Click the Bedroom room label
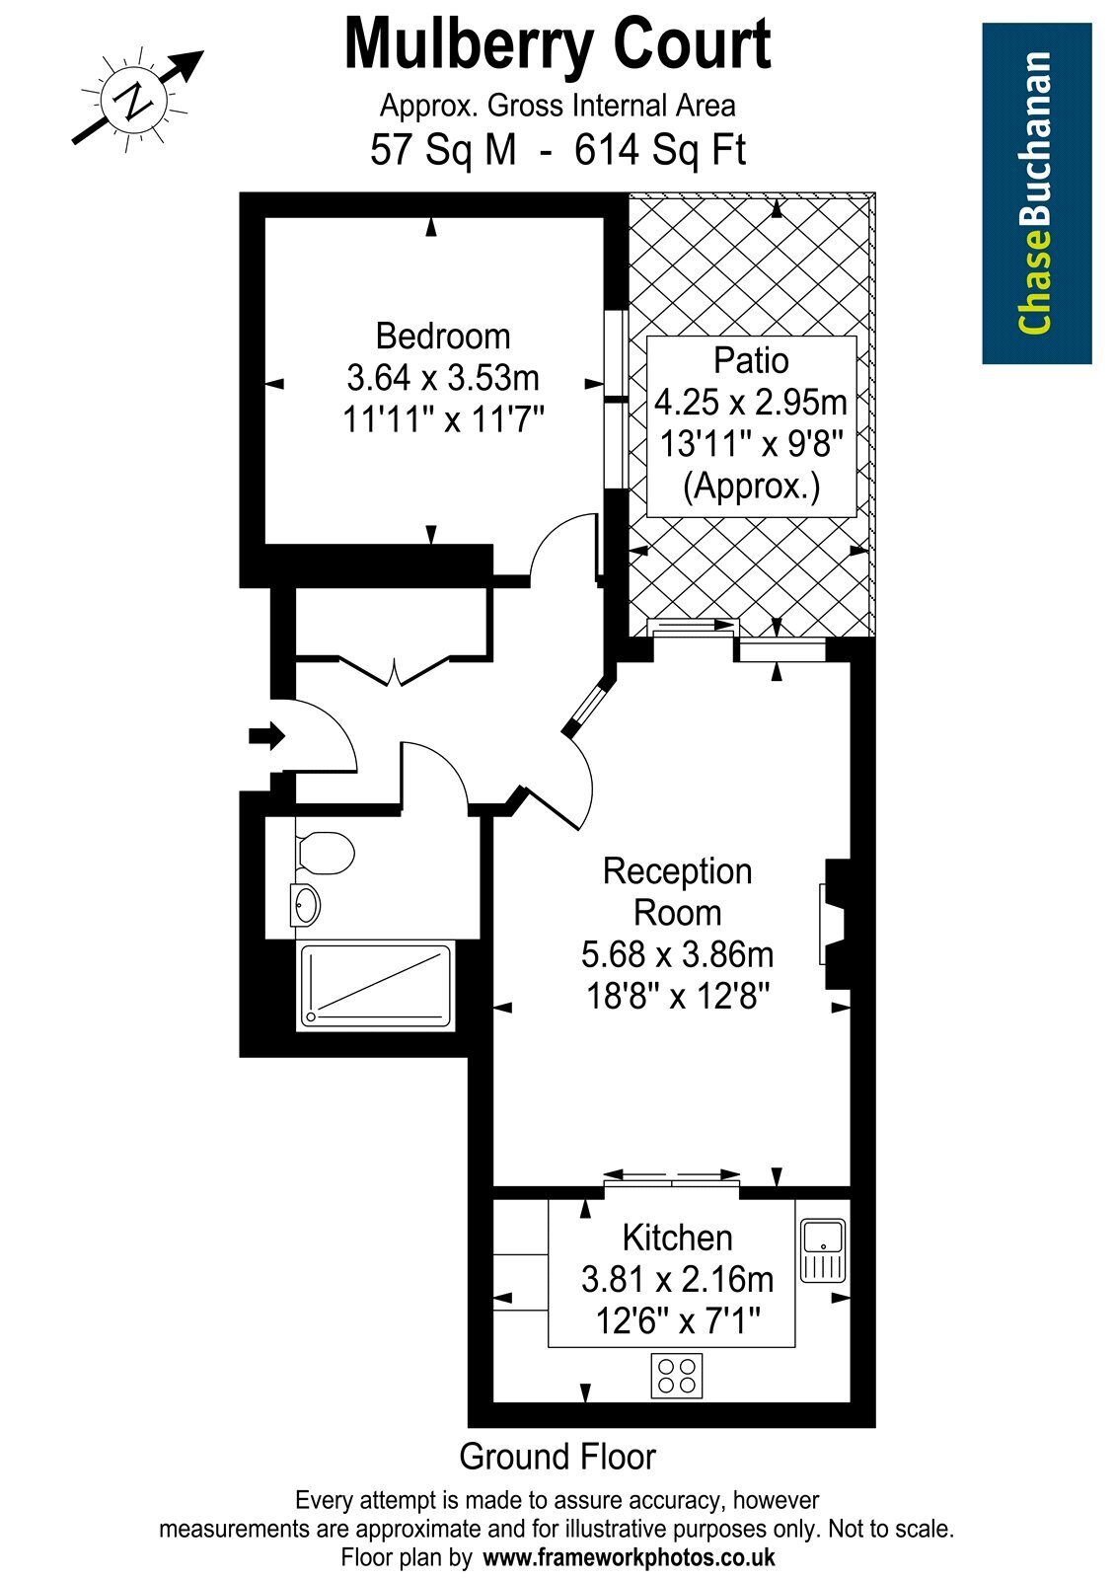[443, 337]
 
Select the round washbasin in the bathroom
[306, 904]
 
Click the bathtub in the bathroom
[375, 986]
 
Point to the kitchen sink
[823, 1250]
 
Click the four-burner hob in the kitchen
[677, 1376]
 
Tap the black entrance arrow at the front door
[266, 737]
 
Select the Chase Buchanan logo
[1037, 193]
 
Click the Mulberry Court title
[557, 45]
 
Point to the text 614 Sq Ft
[660, 150]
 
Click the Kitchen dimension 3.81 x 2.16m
[677, 1279]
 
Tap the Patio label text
[751, 360]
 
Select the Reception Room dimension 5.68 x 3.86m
[677, 954]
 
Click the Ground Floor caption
[557, 1457]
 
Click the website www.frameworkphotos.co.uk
[628, 1556]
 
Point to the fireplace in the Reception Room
[835, 924]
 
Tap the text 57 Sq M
[443, 150]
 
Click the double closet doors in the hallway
[395, 670]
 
